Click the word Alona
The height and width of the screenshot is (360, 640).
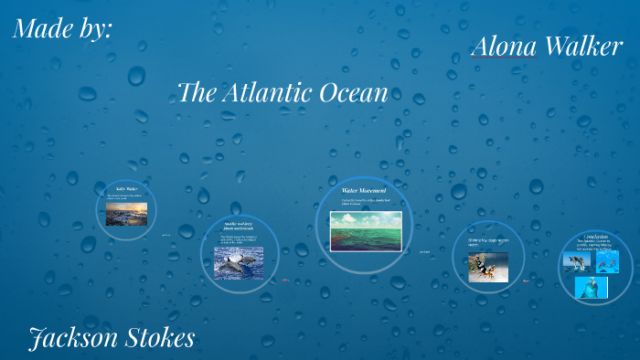point(504,48)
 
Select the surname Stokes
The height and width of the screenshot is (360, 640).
point(156,338)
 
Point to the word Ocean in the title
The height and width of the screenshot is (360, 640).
point(353,92)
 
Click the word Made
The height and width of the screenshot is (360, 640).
point(45,29)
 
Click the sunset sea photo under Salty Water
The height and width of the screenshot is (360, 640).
point(125,214)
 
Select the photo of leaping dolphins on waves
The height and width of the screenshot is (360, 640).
point(238,262)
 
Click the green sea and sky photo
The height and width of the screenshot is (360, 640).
point(364,230)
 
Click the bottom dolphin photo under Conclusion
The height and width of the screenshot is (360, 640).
point(592,287)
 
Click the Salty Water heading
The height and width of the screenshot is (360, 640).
point(125,189)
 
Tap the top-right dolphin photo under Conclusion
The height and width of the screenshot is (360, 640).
point(606,261)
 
